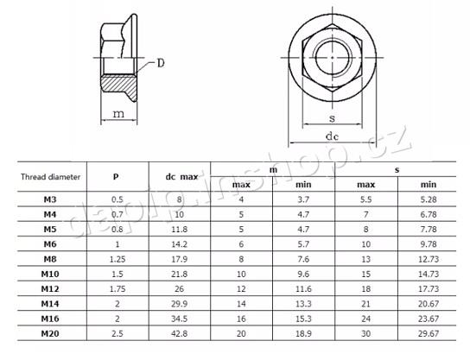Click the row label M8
pos(50,259)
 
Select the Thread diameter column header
pos(51,177)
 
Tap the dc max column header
pos(181,177)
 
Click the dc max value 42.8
pos(179,333)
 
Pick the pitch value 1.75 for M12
pos(117,289)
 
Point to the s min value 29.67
pos(429,333)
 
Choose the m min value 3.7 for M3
pos(303,199)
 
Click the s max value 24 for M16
pos(366,319)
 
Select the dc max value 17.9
pos(179,259)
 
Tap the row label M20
pos(50,333)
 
